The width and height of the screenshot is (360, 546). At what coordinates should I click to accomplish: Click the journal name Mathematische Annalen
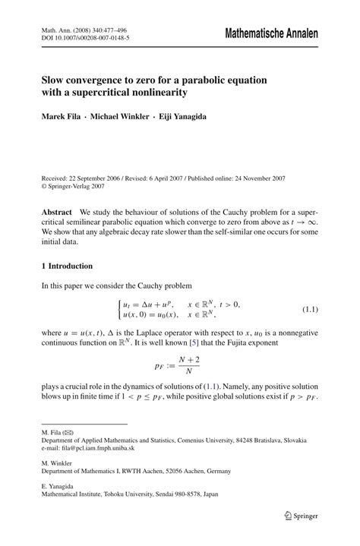coord(270,34)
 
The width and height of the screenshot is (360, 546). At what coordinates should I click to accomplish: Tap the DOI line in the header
coord(84,37)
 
